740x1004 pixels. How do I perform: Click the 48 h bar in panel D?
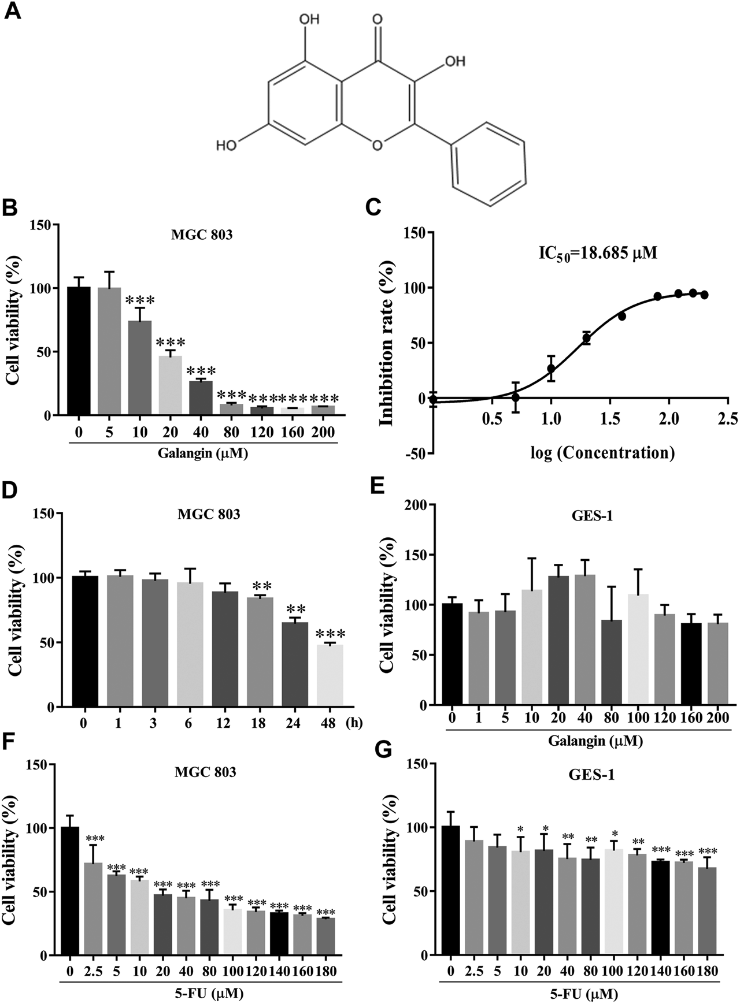(x=328, y=675)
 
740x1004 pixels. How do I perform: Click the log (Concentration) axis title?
(x=603, y=452)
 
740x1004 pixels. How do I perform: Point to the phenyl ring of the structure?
(x=489, y=163)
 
